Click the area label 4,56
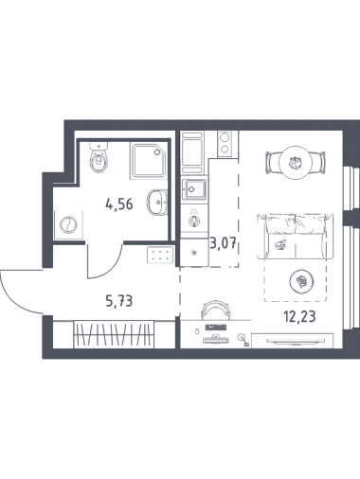[119, 205]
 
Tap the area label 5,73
[119, 301]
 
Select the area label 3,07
[224, 244]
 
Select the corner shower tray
[148, 161]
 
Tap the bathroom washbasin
[157, 203]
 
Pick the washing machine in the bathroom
[68, 224]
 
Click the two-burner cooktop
[225, 144]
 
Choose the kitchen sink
[194, 189]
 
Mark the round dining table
[296, 163]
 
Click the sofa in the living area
[296, 236]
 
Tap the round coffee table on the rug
[302, 280]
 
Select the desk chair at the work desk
[215, 309]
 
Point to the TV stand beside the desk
[293, 341]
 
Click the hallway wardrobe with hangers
[114, 334]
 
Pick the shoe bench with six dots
[160, 255]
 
